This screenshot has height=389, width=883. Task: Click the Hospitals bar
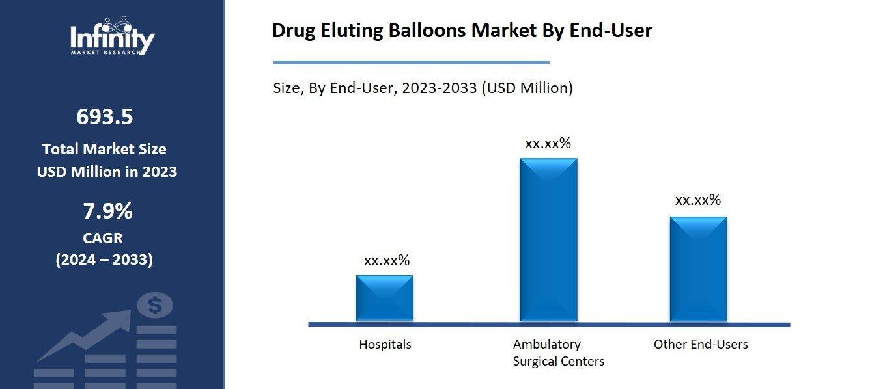(x=384, y=298)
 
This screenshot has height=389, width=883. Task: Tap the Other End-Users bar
(x=698, y=269)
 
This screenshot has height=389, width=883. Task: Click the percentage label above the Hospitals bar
(x=386, y=261)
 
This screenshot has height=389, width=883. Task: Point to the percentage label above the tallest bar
(x=548, y=144)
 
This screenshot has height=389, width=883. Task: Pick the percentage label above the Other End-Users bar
(x=697, y=200)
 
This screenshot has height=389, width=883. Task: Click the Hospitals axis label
(x=385, y=344)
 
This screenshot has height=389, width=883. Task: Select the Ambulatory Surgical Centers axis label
(x=558, y=353)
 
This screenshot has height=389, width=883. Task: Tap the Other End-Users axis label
(x=700, y=344)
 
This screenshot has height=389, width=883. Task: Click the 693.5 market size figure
(x=104, y=117)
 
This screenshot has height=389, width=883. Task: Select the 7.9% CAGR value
(x=107, y=211)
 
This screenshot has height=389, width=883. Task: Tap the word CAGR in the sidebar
(x=103, y=238)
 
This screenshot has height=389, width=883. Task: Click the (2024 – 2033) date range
(x=104, y=260)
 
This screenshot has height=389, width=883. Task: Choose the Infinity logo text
(x=112, y=39)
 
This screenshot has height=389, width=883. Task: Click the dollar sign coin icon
(x=155, y=304)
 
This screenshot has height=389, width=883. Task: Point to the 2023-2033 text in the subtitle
(x=439, y=88)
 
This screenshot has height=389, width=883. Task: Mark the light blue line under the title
(x=411, y=62)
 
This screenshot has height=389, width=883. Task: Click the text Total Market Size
(x=104, y=149)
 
